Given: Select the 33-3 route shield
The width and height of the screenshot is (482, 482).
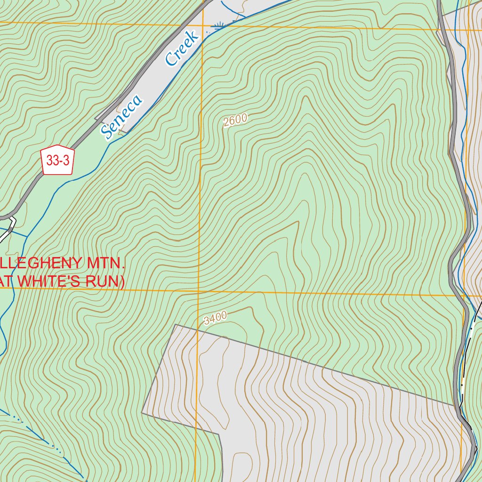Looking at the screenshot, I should click(x=58, y=161).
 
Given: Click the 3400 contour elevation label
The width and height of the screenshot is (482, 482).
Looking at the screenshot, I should click(x=216, y=319).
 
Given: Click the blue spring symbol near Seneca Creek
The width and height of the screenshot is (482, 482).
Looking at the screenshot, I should click(x=218, y=26).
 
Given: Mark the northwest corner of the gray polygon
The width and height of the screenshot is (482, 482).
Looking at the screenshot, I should click(x=175, y=324).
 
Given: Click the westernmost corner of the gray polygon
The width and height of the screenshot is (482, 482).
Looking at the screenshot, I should click(x=142, y=413).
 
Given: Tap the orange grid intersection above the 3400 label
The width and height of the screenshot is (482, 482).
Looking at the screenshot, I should click(x=198, y=292).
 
